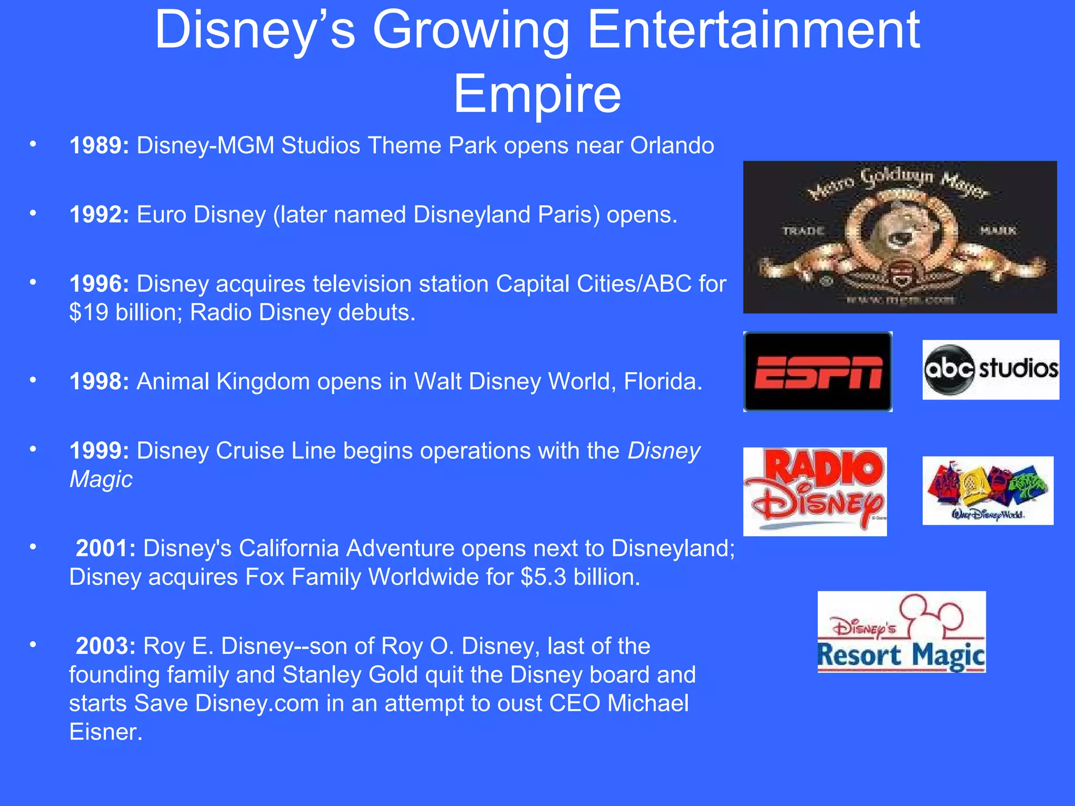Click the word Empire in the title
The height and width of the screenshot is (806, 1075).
(537, 94)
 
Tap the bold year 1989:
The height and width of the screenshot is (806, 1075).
(99, 145)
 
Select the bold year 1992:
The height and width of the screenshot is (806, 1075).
(99, 215)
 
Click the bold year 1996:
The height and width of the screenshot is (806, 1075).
(99, 284)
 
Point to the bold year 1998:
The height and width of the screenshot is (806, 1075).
(99, 381)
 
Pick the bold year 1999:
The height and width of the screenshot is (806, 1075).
(99, 451)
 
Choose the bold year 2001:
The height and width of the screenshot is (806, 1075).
(106, 548)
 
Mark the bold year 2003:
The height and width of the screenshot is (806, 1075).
(106, 646)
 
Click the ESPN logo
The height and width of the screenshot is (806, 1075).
(818, 372)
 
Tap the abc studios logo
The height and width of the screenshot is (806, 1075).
(990, 369)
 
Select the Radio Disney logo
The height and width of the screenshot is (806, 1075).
(815, 492)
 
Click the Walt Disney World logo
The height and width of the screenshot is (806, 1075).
(987, 490)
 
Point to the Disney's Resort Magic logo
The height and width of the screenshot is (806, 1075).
(901, 632)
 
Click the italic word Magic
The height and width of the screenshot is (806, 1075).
(101, 480)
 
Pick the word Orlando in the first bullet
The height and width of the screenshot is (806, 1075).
(672, 145)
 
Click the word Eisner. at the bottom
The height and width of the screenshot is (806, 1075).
(106, 732)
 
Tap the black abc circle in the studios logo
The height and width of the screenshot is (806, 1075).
(949, 369)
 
